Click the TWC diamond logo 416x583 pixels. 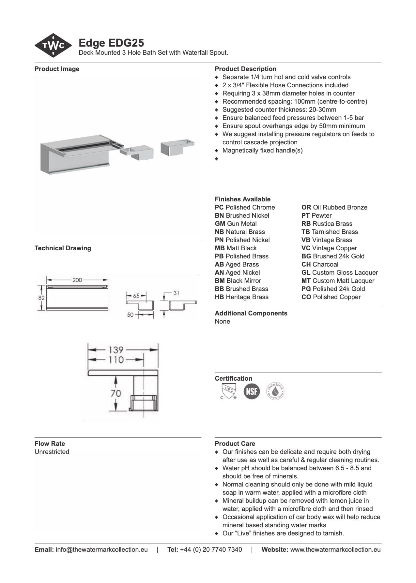pos(53,46)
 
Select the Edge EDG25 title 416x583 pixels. pos(111,43)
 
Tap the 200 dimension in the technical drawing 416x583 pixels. pos(77,280)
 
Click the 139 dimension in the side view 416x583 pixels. pos(116,350)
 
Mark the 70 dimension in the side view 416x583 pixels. pos(116,393)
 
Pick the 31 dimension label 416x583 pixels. pos(176,293)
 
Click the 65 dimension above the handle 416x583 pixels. pos(136,296)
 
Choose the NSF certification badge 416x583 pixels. pos(252,391)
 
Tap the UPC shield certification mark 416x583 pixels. pos(228,391)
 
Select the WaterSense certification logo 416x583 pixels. pos(275,391)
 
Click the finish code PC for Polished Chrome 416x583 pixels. pos(219,207)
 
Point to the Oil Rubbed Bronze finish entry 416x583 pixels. pos(334,207)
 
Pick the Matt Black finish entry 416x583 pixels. pos(236,248)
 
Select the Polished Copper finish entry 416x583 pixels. pos(331,297)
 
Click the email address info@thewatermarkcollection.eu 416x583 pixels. pos(101,549)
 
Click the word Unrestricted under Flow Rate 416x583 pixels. pos(52,452)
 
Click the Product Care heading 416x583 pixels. pos(235,444)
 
